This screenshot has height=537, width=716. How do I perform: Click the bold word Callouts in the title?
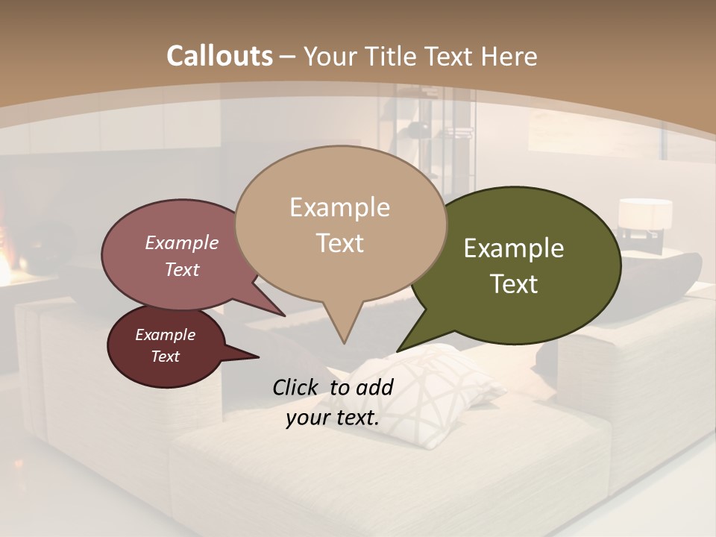pyautogui.click(x=219, y=56)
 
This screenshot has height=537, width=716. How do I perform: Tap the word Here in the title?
pyautogui.click(x=509, y=56)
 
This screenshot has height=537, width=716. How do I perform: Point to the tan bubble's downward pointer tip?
pyautogui.click(x=344, y=341)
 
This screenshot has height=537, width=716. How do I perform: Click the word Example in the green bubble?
pyautogui.click(x=514, y=248)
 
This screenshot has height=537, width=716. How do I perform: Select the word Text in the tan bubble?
pyautogui.click(x=339, y=243)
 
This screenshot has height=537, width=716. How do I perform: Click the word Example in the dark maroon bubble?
pyautogui.click(x=165, y=335)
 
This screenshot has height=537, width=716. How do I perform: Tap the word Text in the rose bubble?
pyautogui.click(x=182, y=270)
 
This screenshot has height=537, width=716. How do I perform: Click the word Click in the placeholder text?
pyautogui.click(x=295, y=386)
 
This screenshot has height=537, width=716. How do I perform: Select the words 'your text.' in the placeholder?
pyautogui.click(x=333, y=418)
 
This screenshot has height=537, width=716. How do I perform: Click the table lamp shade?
pyautogui.click(x=645, y=214)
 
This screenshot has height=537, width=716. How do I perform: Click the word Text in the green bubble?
pyautogui.click(x=514, y=284)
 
